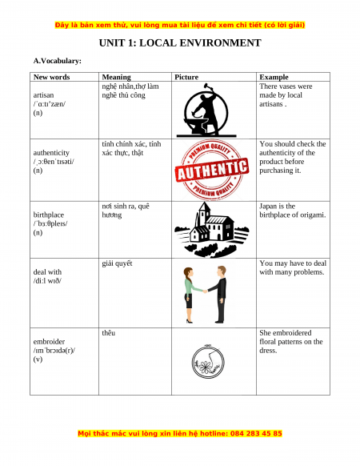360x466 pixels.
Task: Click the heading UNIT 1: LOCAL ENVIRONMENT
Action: click(x=180, y=42)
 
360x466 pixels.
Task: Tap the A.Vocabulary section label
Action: click(x=58, y=61)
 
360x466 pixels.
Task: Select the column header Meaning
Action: click(x=117, y=77)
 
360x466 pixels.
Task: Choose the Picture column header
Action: click(x=186, y=77)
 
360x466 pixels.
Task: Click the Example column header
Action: click(x=274, y=77)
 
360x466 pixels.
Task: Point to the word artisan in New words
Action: click(x=43, y=95)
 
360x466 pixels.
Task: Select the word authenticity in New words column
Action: click(x=51, y=153)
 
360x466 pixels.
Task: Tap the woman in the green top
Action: click(x=190, y=295)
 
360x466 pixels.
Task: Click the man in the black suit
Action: click(x=220, y=294)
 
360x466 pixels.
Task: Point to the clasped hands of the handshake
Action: click(x=205, y=291)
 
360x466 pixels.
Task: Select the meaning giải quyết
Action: click(x=117, y=263)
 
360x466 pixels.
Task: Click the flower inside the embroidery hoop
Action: click(x=204, y=367)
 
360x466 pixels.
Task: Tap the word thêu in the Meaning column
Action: click(x=109, y=333)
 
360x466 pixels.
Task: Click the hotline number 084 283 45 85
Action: click(x=256, y=433)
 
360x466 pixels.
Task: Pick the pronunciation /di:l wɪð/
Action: click(x=47, y=281)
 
